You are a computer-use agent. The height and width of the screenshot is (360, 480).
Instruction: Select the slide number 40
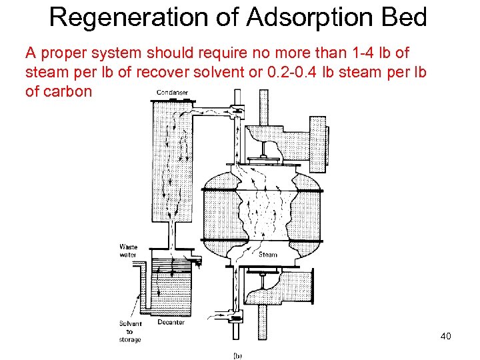[445, 336]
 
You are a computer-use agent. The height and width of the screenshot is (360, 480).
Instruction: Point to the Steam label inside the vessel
[267, 254]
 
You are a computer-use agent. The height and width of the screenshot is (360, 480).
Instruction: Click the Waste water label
[128, 249]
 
